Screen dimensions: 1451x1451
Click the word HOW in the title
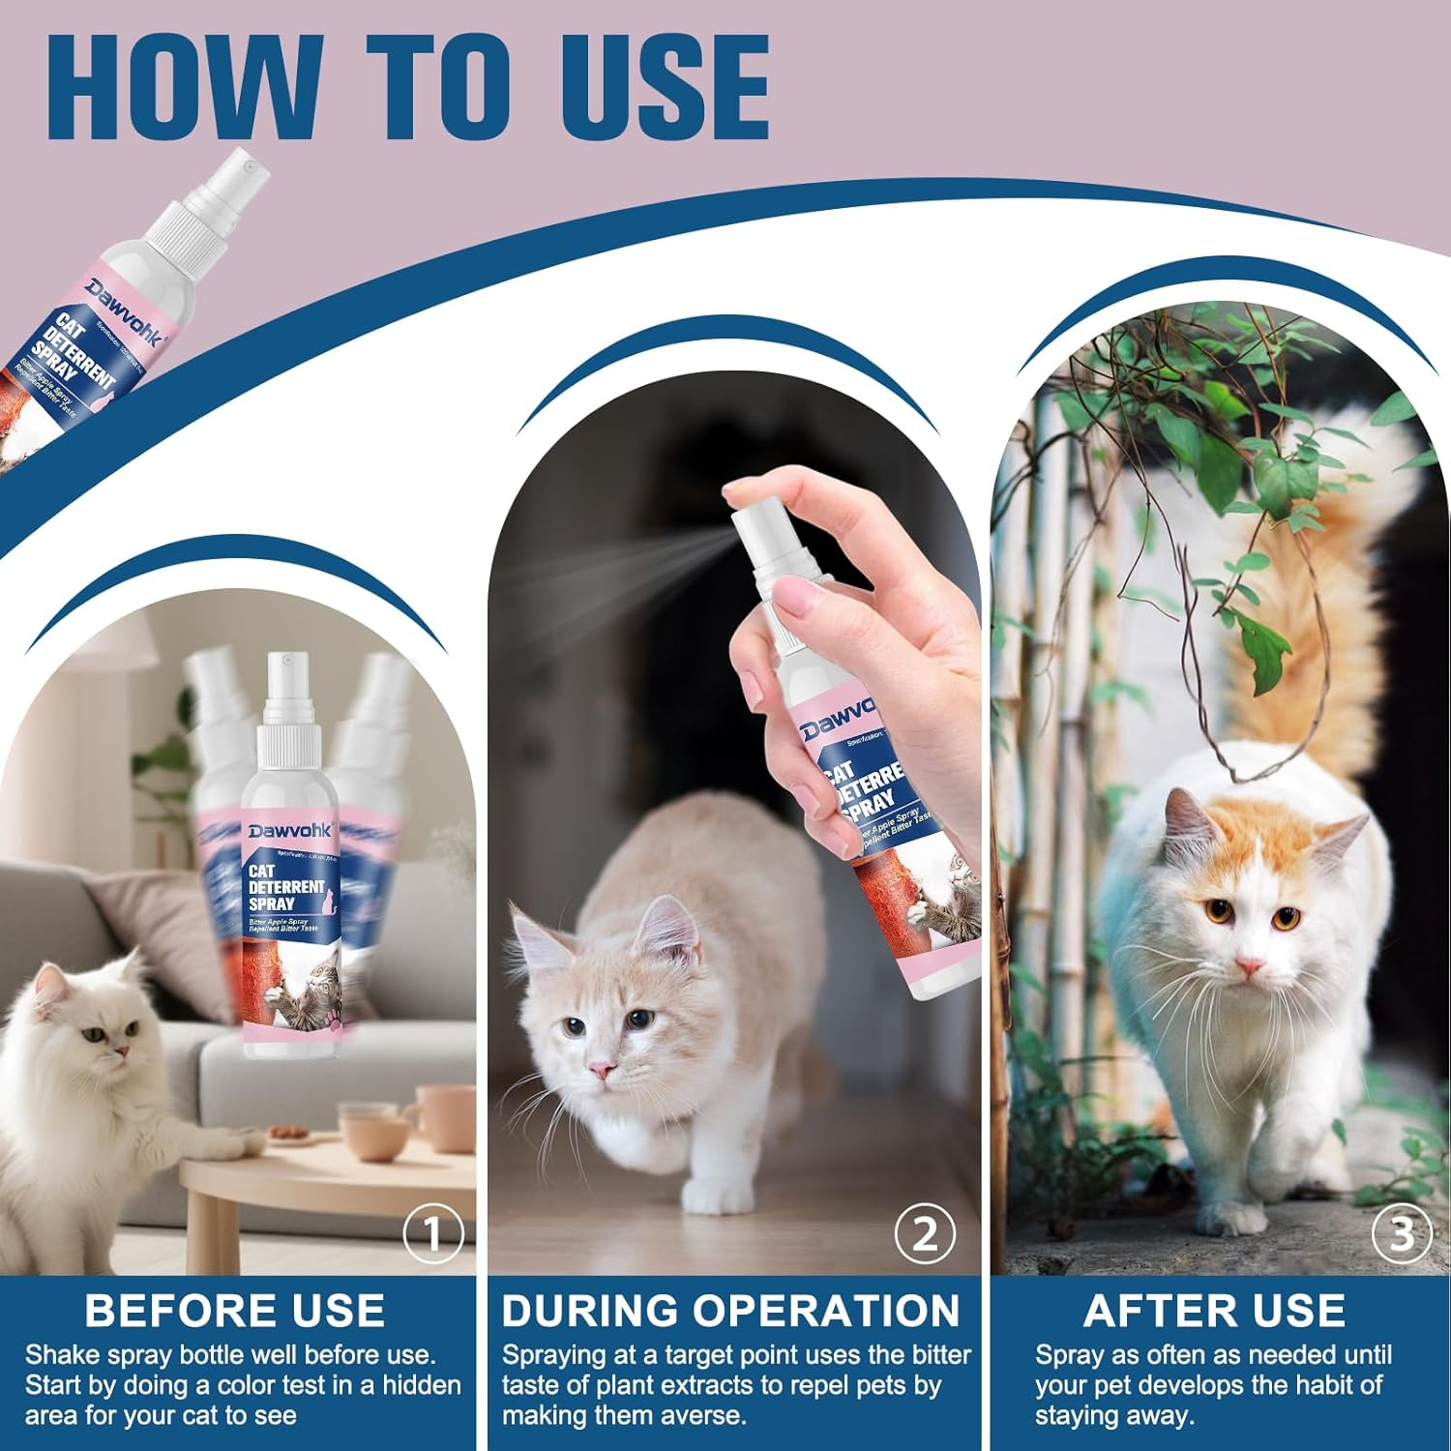[184, 89]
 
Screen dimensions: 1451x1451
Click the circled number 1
[433, 1233]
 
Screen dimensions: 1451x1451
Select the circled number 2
[925, 1233]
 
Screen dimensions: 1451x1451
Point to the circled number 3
[1402, 1233]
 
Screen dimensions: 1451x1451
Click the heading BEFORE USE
[234, 1311]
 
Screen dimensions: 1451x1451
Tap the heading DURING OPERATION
[730, 1311]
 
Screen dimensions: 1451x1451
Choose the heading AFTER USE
[1214, 1311]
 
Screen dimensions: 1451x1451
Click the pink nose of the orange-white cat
[1249, 966]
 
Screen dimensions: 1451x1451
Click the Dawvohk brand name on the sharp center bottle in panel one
[289, 831]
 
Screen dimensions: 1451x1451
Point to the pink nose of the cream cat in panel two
[601, 1069]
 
